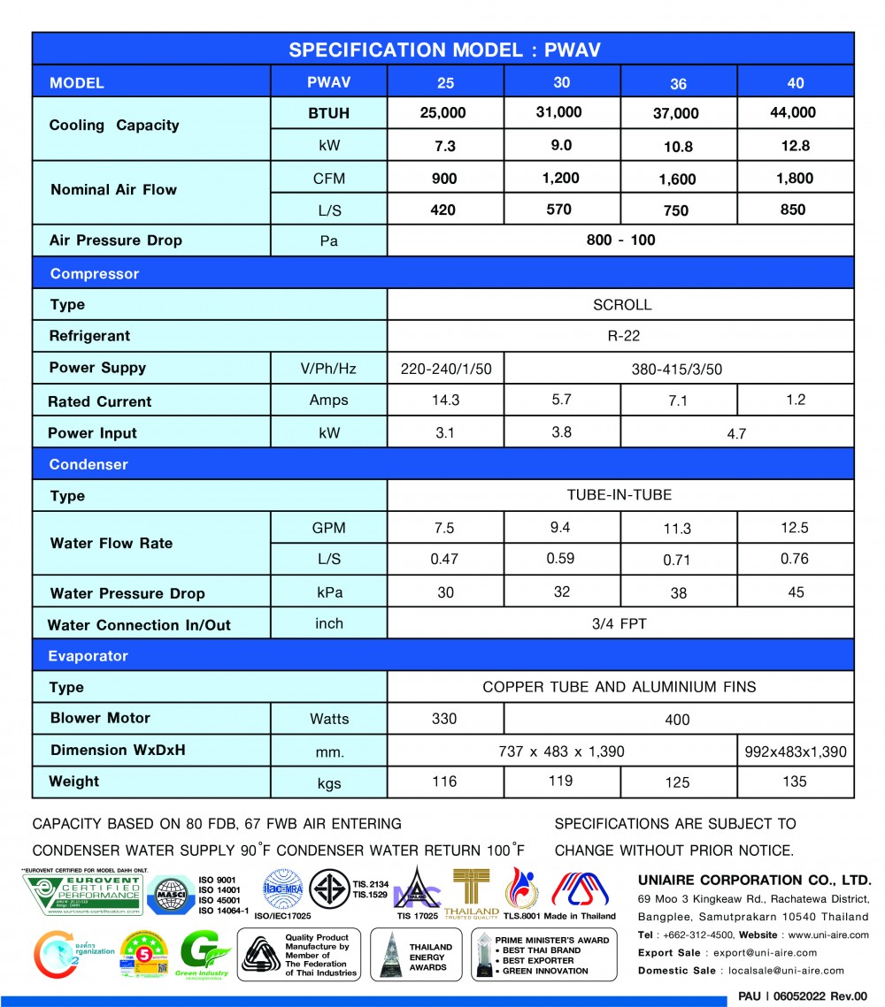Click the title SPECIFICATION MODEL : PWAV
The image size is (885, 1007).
445,50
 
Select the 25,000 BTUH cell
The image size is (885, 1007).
444,113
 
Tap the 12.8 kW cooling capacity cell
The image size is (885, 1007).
795,146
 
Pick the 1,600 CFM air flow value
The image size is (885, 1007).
678,179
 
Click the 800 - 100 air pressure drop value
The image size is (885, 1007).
620,240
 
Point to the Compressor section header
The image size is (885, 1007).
95,274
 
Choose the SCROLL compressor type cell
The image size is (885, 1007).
621,305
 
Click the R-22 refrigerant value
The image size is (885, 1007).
621,336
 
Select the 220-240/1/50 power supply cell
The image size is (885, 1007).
445,369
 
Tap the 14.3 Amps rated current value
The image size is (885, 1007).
444,401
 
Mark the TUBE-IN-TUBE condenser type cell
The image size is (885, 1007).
619,495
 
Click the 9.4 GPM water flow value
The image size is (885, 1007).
561,528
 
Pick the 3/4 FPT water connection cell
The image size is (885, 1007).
619,624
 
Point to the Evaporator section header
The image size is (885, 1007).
88,656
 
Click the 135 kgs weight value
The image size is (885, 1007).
795,782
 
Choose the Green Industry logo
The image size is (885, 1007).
204,957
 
